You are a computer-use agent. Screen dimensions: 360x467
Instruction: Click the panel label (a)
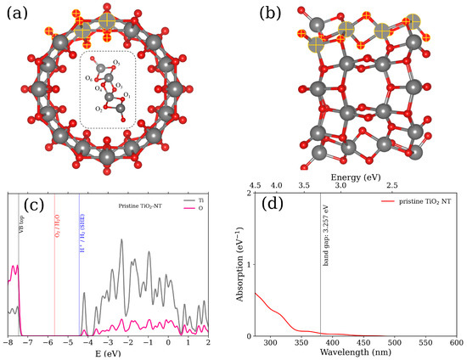(19, 14)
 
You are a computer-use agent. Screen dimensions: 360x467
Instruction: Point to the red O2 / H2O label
(57, 226)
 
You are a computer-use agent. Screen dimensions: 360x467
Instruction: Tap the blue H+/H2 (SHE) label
(82, 225)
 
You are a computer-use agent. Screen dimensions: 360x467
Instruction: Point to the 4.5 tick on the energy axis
(254, 184)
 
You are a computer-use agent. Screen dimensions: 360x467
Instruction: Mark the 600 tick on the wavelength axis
(456, 343)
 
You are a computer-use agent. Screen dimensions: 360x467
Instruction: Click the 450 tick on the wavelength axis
(363, 343)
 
